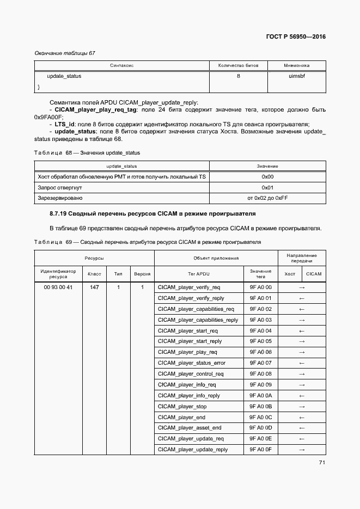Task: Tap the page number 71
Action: click(x=322, y=463)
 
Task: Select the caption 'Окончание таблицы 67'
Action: click(x=65, y=53)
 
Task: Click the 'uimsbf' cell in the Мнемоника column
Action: click(x=296, y=76)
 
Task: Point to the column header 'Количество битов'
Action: click(x=238, y=65)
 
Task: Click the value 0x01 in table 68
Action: click(x=267, y=187)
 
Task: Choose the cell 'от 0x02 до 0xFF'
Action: click(x=267, y=198)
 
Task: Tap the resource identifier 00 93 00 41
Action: click(x=58, y=287)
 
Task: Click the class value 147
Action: click(x=94, y=287)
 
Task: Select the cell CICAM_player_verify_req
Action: click(x=188, y=287)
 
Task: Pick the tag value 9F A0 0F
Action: click(x=260, y=450)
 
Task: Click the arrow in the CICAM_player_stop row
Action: click(x=302, y=407)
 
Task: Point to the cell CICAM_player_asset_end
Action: click(x=189, y=428)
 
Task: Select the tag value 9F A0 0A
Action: click(x=260, y=396)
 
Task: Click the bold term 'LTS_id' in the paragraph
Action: click(x=64, y=124)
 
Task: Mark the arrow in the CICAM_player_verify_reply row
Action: click(x=302, y=298)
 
